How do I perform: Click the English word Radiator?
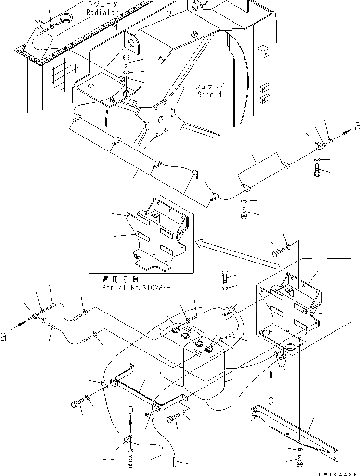(x=102, y=13)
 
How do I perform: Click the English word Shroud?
(x=209, y=94)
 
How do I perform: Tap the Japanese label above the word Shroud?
(x=209, y=86)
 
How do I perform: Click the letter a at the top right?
(x=356, y=126)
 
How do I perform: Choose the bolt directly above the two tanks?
(x=226, y=278)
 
